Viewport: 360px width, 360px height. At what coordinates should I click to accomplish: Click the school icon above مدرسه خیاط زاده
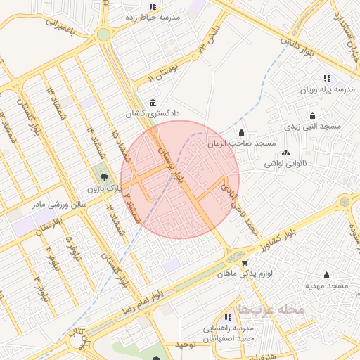153,6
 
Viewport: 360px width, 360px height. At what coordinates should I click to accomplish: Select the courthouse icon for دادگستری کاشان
153,103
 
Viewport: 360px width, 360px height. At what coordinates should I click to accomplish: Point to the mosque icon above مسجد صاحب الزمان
242,133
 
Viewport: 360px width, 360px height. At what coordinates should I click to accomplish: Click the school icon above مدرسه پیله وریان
327,79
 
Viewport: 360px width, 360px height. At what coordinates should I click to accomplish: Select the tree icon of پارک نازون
104,178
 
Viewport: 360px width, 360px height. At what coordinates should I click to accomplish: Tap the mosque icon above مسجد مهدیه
326,276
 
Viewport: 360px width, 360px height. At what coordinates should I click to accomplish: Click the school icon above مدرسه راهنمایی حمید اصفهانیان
227,318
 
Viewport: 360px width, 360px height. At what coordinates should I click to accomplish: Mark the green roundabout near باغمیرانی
104,34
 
